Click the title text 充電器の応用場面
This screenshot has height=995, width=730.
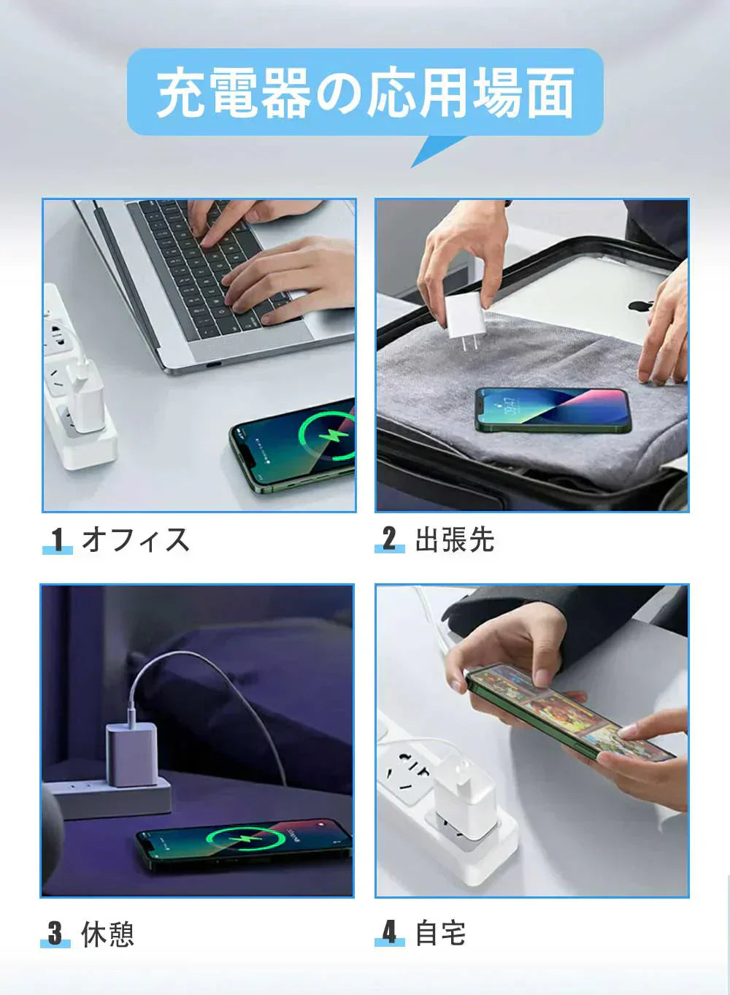[365, 93]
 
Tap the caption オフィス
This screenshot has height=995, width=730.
[136, 540]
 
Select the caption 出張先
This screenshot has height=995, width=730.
[454, 540]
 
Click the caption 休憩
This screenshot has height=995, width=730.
[107, 934]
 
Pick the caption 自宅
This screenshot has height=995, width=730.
[440, 933]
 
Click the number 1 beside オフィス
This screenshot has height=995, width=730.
[57, 540]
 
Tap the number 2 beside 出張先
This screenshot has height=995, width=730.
[389, 539]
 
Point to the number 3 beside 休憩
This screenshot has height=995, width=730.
[55, 934]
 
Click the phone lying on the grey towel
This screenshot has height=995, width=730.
[553, 410]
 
